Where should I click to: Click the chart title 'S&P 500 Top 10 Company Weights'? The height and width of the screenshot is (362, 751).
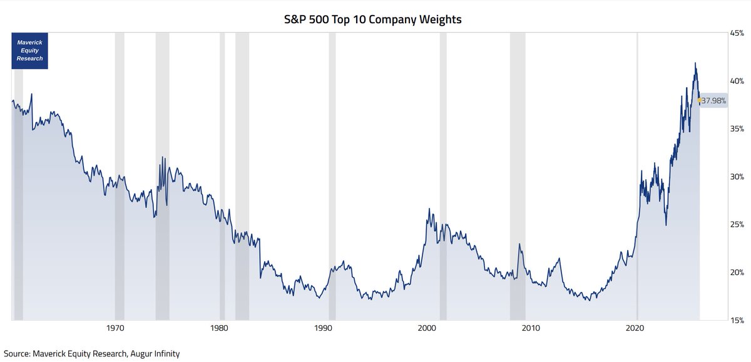click(x=373, y=19)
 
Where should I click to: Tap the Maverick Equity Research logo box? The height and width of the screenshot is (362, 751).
click(x=30, y=49)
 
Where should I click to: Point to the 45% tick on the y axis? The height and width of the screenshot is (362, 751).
click(x=736, y=33)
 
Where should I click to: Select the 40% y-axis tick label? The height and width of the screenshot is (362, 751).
click(x=736, y=81)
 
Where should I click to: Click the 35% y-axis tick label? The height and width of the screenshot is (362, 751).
click(x=736, y=128)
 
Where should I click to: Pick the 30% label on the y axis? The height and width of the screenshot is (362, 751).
click(x=736, y=177)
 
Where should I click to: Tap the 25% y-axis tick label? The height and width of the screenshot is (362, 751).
click(x=736, y=224)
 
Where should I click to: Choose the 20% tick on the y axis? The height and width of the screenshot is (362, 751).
click(x=736, y=272)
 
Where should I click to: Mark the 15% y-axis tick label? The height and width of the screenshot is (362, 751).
click(x=736, y=320)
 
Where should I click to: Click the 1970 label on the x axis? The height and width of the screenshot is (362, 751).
click(x=115, y=328)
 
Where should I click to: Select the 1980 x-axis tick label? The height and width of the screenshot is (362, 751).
click(x=219, y=328)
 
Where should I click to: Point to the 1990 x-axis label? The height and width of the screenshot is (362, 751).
click(x=323, y=328)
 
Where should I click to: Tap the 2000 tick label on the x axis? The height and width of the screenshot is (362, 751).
click(x=427, y=328)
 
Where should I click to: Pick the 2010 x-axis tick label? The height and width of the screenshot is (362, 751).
click(x=531, y=328)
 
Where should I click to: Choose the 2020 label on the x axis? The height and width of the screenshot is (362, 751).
click(x=636, y=328)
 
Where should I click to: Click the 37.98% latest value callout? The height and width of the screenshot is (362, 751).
click(x=713, y=100)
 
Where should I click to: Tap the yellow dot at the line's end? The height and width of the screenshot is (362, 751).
click(x=700, y=100)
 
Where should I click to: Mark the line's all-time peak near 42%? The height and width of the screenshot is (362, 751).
click(x=695, y=63)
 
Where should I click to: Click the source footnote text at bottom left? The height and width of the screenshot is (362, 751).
click(x=91, y=354)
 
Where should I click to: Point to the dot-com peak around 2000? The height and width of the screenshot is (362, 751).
click(x=429, y=209)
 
